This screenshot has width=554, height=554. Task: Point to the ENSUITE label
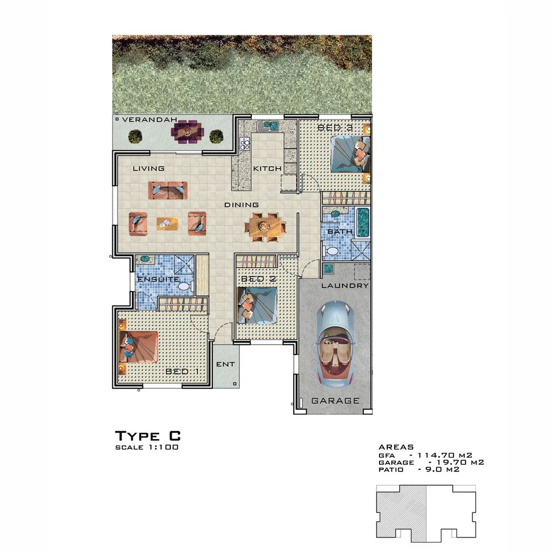point(158,280)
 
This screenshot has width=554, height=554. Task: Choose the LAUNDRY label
point(345,286)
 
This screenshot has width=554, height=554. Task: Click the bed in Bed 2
point(257,305)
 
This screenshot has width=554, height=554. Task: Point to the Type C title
point(148,436)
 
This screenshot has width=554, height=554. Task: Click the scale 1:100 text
point(147,447)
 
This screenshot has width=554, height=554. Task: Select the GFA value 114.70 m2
point(444,454)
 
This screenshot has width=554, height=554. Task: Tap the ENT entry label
point(225,364)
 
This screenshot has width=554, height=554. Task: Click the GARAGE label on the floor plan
point(335,401)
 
